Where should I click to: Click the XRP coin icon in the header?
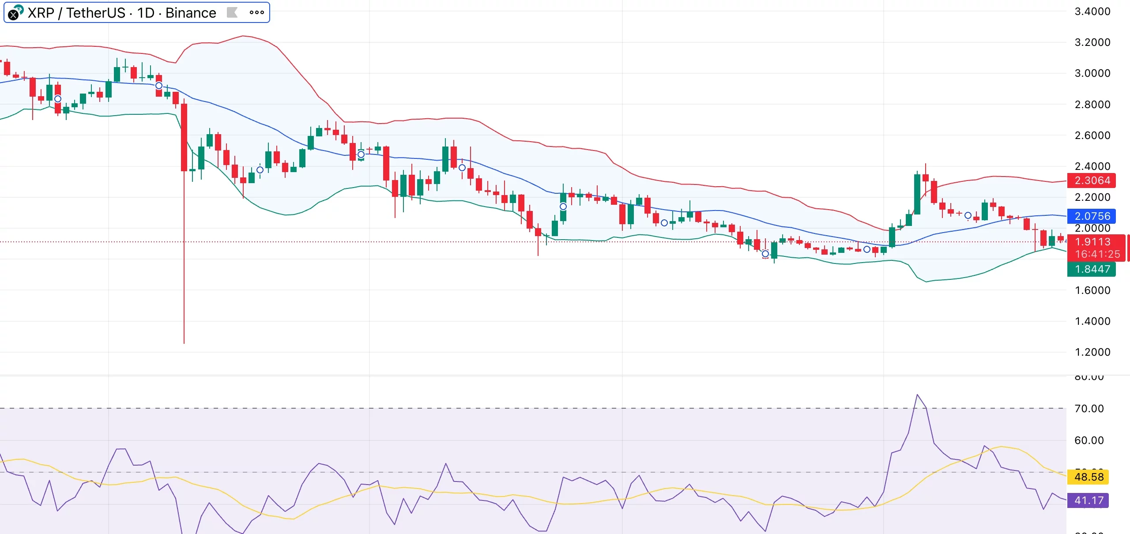(x=15, y=13)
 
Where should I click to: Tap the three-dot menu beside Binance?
(x=256, y=13)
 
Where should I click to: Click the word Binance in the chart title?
(x=191, y=13)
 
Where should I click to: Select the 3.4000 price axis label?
(x=1092, y=11)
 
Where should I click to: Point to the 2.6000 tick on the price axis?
(x=1092, y=135)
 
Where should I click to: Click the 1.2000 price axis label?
(x=1092, y=352)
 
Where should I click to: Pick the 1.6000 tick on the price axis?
(x=1092, y=290)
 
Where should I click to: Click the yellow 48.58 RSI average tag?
(x=1089, y=477)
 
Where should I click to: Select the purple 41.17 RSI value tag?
(x=1089, y=500)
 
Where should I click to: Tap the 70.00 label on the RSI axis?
(x=1089, y=409)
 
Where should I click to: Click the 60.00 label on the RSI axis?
(x=1089, y=440)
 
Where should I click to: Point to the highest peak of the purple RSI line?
(x=917, y=395)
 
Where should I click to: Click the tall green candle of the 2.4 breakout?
(x=917, y=194)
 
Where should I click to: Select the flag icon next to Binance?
(x=232, y=13)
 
